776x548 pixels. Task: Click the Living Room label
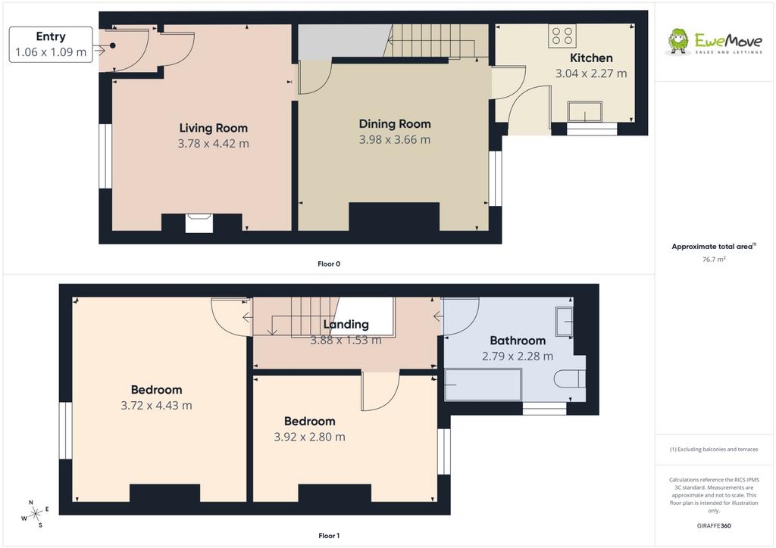coord(213,128)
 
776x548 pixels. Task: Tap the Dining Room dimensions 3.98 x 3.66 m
coord(394,140)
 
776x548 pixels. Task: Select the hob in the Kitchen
coord(562,36)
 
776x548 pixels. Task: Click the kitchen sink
coord(585,111)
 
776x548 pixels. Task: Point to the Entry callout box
coord(51,45)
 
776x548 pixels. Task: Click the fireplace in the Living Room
coord(199,223)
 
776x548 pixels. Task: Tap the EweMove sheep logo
coord(678,41)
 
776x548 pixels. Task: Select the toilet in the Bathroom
coord(570,379)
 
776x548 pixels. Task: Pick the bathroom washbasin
coord(565,321)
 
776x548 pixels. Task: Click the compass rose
coord(35,515)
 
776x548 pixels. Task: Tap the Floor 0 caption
coord(329,264)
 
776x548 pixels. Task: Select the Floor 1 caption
coord(329,536)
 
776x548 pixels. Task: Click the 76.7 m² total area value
coord(714,259)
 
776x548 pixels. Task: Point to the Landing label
coord(346,325)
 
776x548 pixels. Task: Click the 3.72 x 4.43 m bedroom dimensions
coord(156,406)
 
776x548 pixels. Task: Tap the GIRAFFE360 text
coord(714,526)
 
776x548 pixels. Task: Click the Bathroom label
coord(518,341)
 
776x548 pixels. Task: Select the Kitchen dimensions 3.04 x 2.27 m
coord(591,73)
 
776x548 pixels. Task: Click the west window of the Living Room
coord(105,156)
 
